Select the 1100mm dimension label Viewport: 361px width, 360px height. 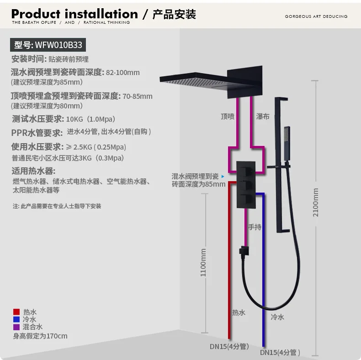click(x=203, y=262)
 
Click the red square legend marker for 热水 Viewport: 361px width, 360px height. click(x=16, y=312)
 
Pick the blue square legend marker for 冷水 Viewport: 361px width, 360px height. click(x=16, y=319)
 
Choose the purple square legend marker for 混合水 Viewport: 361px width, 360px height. click(x=16, y=327)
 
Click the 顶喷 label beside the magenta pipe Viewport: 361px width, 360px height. click(x=227, y=117)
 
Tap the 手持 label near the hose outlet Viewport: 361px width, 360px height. click(x=255, y=227)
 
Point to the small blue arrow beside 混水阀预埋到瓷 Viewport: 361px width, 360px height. click(x=223, y=176)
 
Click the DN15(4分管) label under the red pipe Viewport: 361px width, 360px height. click(x=229, y=346)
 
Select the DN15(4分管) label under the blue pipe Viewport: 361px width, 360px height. click(x=280, y=353)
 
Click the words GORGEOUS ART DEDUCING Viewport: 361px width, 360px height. click(x=316, y=16)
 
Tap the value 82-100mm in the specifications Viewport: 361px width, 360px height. click(x=122, y=72)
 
